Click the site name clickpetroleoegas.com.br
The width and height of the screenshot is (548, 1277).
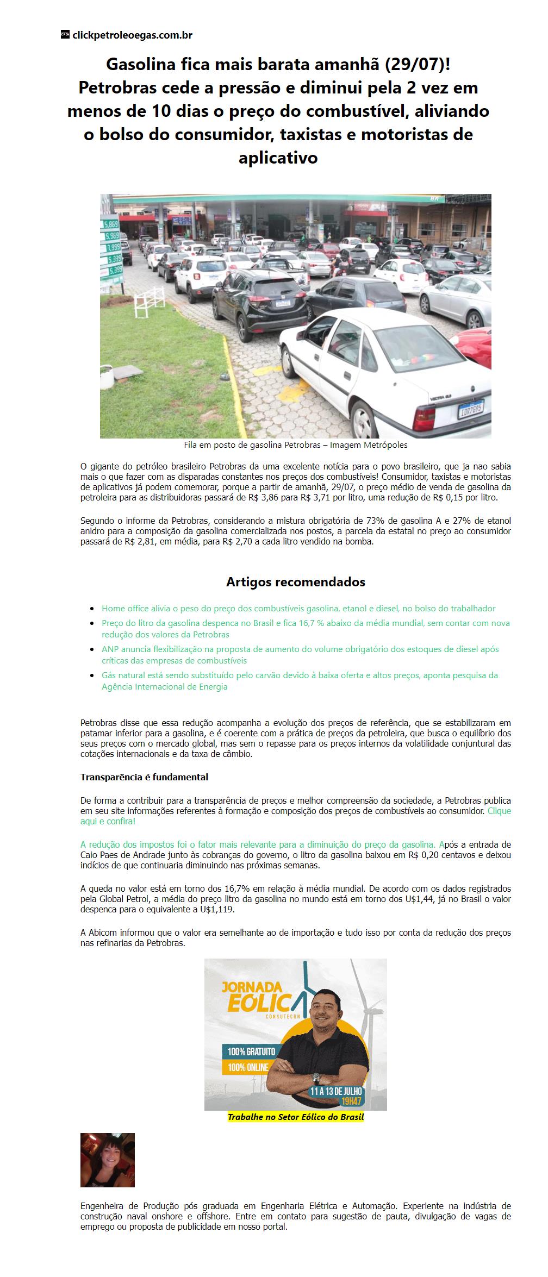click(132, 35)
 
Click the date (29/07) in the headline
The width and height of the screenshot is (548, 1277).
click(416, 65)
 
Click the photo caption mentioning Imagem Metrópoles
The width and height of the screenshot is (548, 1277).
click(295, 445)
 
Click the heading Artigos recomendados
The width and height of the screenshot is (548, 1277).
click(295, 582)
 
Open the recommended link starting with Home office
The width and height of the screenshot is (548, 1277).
click(298, 609)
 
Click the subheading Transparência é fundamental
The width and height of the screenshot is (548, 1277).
click(144, 777)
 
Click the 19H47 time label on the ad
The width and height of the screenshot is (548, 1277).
click(351, 1101)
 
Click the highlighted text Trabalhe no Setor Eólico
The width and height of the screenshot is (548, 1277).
click(295, 1117)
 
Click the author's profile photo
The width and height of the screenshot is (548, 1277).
click(108, 1160)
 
